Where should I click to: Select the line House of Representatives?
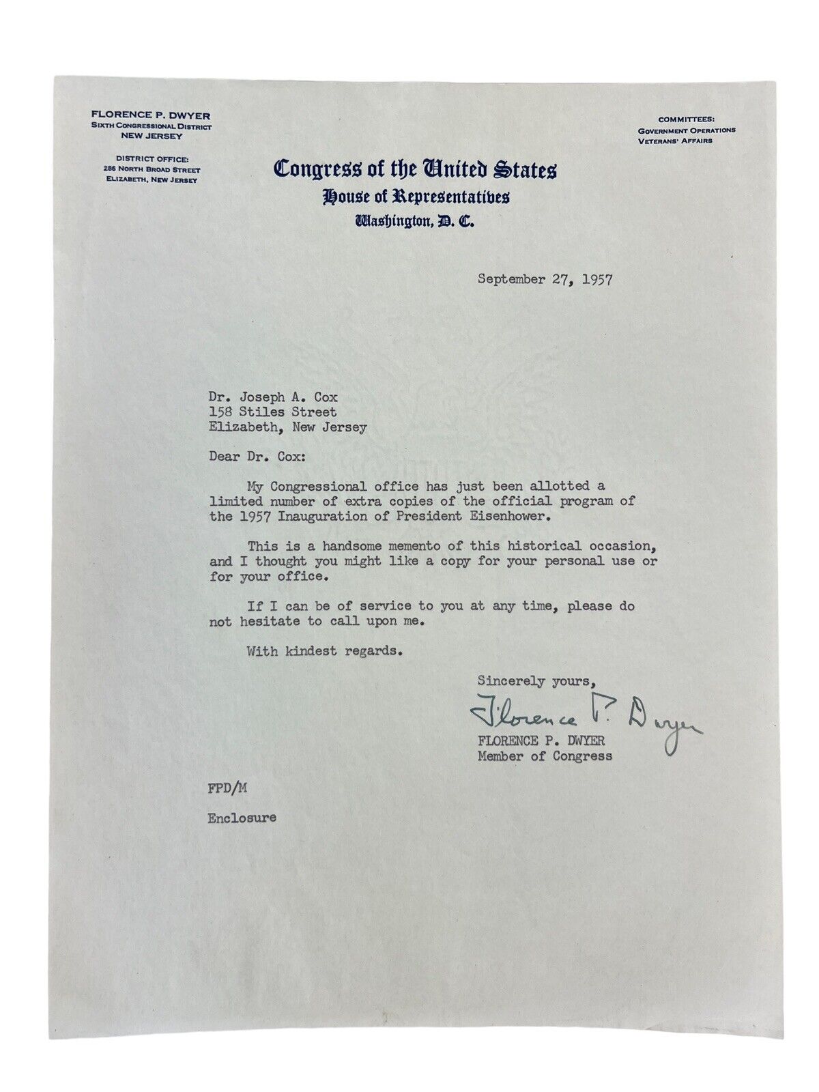click(416, 197)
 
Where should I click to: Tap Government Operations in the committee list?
click(686, 130)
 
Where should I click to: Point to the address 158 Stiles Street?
click(273, 412)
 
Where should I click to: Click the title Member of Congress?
click(545, 756)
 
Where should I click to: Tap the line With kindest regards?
click(321, 650)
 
